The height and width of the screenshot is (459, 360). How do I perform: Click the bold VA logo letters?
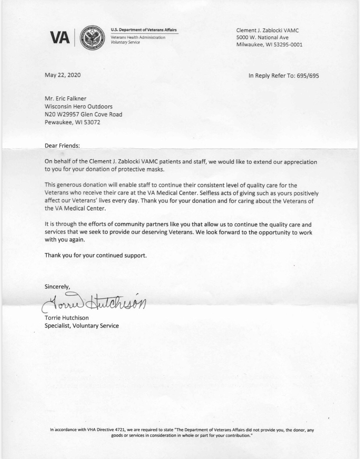tap(60, 38)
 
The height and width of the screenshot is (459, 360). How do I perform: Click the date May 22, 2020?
tap(63, 75)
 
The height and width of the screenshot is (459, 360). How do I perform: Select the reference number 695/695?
tap(308, 76)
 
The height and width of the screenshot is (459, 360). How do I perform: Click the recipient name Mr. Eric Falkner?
tap(66, 98)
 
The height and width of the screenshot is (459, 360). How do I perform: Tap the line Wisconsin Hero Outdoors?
tap(79, 106)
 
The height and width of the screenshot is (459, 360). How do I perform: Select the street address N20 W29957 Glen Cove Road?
tap(83, 114)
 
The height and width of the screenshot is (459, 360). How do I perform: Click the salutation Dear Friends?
tap(62, 146)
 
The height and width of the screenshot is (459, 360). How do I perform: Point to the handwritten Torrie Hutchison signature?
tap(94, 302)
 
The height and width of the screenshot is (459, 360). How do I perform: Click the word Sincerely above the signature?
tap(57, 287)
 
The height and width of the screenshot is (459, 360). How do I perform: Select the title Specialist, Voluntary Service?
tap(82, 325)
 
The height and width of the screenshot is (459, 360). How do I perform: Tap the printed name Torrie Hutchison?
tap(67, 318)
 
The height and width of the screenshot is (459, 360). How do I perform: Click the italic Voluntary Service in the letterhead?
tap(125, 42)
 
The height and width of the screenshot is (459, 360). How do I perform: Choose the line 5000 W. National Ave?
tap(262, 37)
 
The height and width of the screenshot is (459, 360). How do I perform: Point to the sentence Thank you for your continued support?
tap(96, 255)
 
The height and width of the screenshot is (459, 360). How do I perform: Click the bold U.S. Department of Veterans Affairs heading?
tap(144, 30)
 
